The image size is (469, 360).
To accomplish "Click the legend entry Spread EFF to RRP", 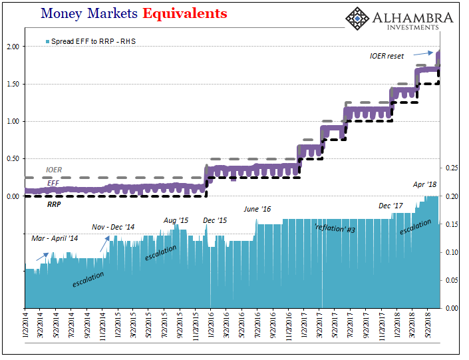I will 92,41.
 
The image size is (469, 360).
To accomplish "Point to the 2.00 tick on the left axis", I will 12,47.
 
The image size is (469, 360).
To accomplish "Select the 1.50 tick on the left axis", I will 12,84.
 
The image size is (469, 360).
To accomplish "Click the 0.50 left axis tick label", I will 12,159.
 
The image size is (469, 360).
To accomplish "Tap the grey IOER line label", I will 54,170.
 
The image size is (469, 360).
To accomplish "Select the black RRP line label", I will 54,205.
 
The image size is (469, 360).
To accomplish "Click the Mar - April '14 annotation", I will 55,238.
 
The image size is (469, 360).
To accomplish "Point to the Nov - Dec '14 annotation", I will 113,227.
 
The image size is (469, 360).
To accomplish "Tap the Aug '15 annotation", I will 176,220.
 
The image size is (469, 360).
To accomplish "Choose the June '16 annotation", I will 257,209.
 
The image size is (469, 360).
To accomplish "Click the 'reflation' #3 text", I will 336,228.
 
